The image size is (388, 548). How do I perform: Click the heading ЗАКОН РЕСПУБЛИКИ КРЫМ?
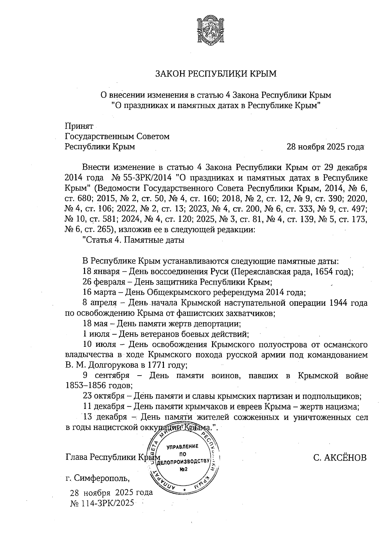(x=216, y=74)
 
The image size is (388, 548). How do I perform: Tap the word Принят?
(x=79, y=126)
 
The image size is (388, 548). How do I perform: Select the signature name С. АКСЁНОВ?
(x=340, y=458)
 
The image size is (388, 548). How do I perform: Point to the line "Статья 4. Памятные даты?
(x=134, y=240)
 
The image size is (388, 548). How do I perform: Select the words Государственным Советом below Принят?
(x=117, y=137)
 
